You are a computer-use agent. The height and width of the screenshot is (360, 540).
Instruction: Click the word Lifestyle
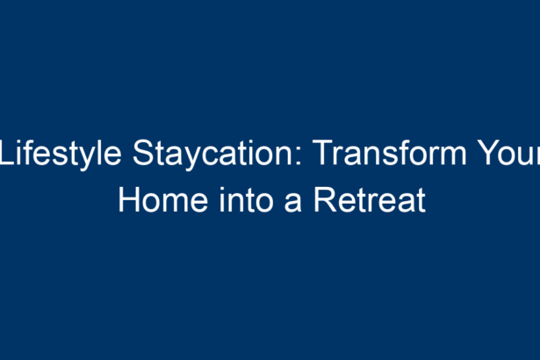pos(61,154)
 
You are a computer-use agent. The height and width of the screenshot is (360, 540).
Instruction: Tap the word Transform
pos(390,153)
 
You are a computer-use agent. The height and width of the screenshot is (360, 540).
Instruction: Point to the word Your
pos(509,153)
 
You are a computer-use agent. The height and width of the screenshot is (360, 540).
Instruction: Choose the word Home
pos(163,200)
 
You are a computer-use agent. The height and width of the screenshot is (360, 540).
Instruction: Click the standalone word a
pos(292,203)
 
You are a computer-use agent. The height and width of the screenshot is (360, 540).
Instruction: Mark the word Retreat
pos(370,200)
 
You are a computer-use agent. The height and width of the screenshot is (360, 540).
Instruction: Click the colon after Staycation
pos(299,156)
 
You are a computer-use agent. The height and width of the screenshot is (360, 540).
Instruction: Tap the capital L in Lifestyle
pos(8,153)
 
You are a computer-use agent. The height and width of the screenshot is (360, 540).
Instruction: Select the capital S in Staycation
pos(144,153)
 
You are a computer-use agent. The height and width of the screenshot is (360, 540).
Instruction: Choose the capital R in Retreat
pos(325,200)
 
